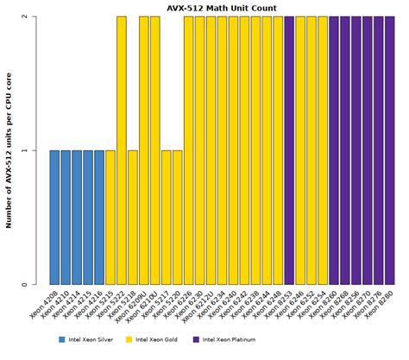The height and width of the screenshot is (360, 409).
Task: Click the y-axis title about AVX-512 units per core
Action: pyautogui.click(x=8, y=150)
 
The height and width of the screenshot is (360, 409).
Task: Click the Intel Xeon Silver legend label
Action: pyautogui.click(x=91, y=339)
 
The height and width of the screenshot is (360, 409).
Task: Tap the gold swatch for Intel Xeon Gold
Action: pyautogui.click(x=129, y=339)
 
